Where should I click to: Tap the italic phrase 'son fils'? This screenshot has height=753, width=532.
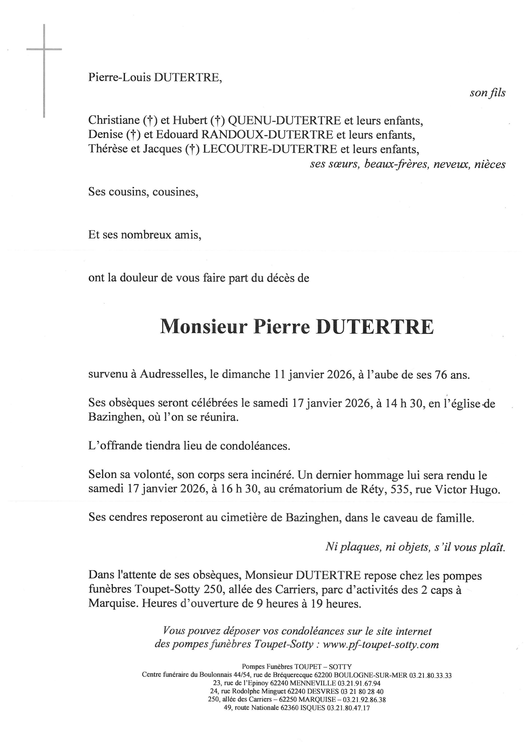point(487,93)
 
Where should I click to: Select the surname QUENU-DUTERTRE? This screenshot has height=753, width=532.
point(284,121)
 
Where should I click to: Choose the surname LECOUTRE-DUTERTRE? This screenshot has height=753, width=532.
point(270,149)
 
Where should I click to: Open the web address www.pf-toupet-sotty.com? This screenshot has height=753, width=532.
point(381,644)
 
